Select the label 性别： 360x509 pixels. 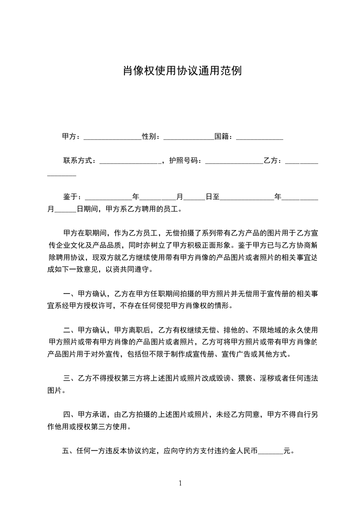151,136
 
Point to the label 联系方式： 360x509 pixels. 79,160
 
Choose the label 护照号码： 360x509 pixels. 187,160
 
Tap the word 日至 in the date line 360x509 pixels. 212,197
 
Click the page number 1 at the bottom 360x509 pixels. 180,483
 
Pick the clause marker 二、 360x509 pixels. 69,330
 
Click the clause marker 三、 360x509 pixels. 69,378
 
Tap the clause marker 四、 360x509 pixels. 69,414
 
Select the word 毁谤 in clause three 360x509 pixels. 227,378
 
